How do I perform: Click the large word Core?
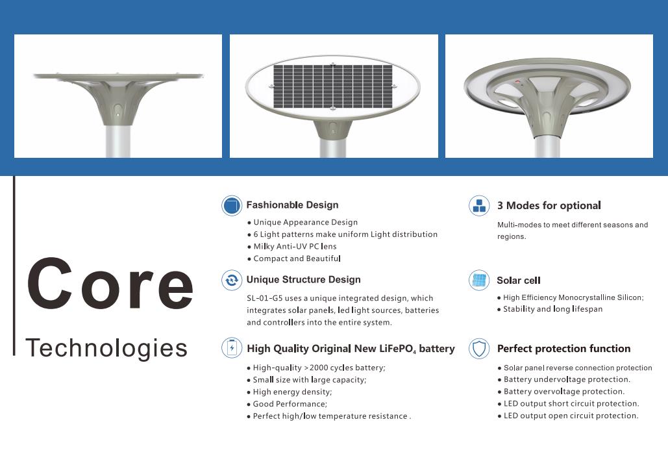(110, 283)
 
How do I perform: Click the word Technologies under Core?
(106, 348)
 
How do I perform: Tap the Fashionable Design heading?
(292, 205)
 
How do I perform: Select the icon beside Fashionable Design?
(232, 205)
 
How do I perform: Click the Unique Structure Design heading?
(303, 279)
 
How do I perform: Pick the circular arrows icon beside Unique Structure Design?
(232, 281)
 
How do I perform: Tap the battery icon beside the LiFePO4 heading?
(232, 347)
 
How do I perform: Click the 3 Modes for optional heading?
(549, 205)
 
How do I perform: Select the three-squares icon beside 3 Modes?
(479, 205)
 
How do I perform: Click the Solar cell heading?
(519, 281)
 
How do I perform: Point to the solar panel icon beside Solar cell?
(479, 281)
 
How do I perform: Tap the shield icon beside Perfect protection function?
(479, 349)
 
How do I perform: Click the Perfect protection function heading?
(563, 349)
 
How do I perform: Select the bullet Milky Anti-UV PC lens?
(292, 246)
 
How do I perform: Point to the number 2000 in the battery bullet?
(319, 368)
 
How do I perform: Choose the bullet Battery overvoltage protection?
(561, 392)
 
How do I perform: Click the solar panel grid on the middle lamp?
(333, 86)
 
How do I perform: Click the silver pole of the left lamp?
(118, 141)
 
